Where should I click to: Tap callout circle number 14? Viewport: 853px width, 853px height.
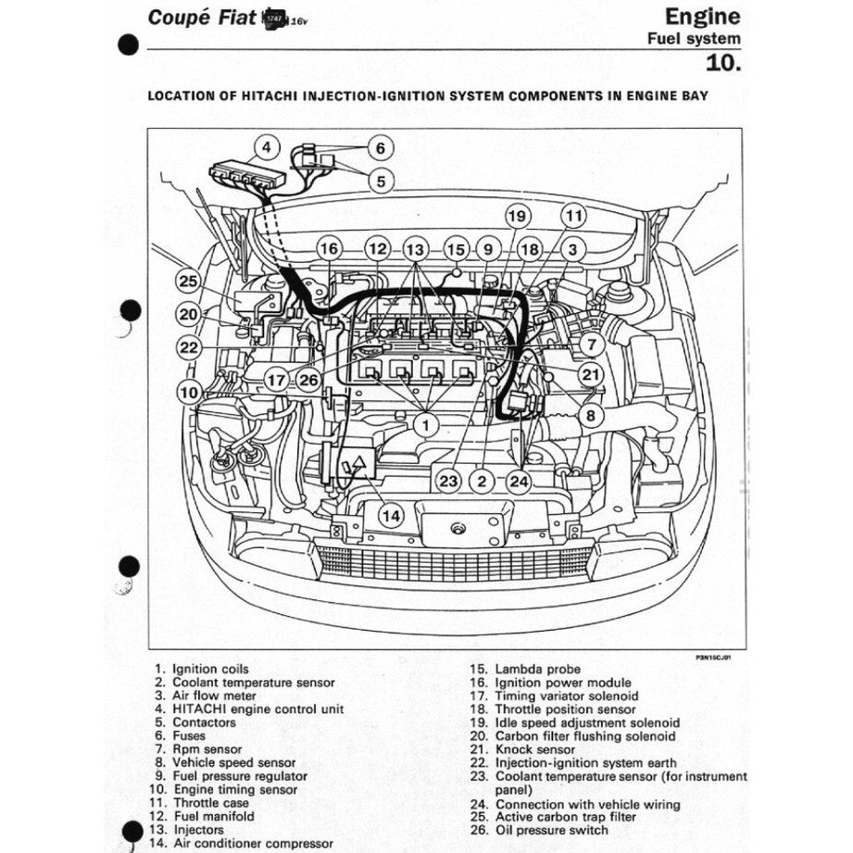tap(392, 516)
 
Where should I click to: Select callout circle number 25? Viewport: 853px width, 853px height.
tap(189, 282)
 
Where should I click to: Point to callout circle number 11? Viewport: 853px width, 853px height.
tap(574, 217)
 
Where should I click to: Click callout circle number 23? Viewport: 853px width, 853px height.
tap(448, 481)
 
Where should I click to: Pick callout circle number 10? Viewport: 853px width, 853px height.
tap(189, 393)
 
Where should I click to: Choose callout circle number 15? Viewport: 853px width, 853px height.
tap(455, 249)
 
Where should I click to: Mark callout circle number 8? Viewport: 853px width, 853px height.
tap(588, 416)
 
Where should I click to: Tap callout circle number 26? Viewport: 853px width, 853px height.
tap(308, 379)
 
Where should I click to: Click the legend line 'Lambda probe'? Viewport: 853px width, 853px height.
tap(537, 669)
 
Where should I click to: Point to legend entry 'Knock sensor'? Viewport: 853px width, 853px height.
tap(535, 750)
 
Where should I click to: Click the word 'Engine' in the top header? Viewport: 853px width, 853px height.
tap(702, 16)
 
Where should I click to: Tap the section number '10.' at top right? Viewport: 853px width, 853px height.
tap(723, 63)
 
